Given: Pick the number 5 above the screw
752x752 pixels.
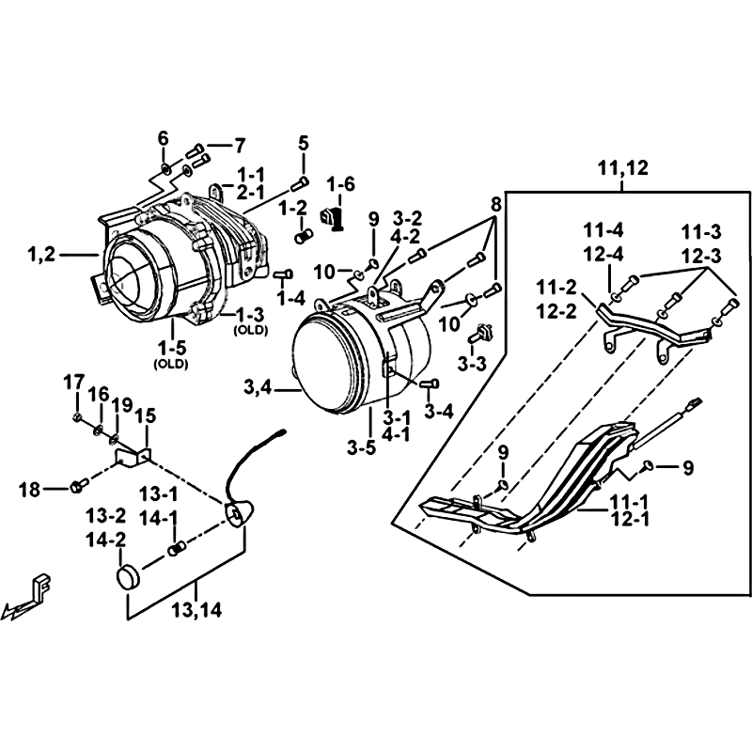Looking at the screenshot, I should pos(304,144).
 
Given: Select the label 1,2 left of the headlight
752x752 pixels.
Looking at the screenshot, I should pos(42,252).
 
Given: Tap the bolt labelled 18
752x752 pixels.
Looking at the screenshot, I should pos(78,486).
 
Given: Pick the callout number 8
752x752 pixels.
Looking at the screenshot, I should pos(496,202).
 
